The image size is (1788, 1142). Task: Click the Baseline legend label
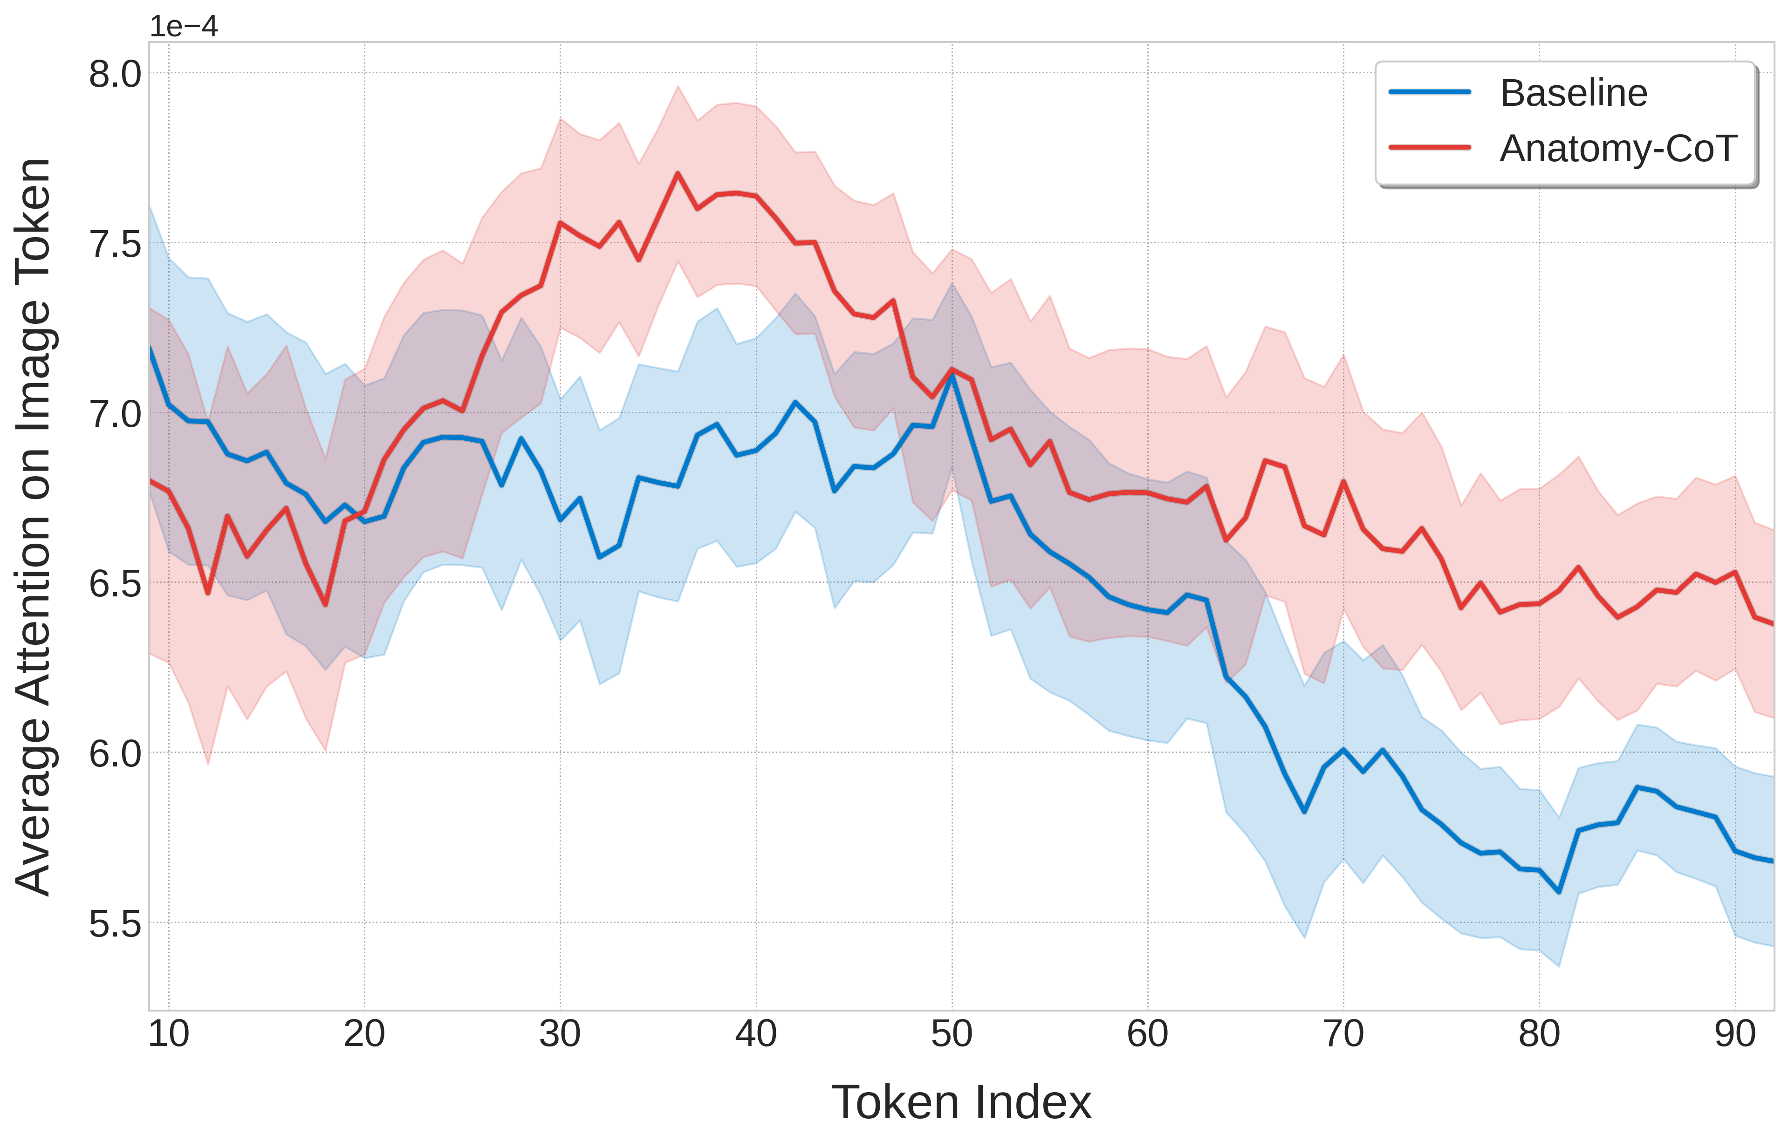point(1573,94)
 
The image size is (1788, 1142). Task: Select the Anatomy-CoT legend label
point(1618,149)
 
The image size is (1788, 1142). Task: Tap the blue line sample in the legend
point(1429,93)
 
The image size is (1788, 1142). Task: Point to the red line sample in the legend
point(1429,147)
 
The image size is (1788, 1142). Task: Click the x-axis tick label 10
point(169,1033)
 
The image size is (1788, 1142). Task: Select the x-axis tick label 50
point(952,1033)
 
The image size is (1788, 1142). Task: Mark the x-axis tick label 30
point(560,1033)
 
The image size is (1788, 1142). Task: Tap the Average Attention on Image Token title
point(34,527)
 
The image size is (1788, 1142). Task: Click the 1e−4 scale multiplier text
point(184,27)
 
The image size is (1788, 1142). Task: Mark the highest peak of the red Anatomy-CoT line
point(677,174)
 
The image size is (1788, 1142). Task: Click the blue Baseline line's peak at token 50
point(952,374)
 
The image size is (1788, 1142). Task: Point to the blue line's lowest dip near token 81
point(1559,892)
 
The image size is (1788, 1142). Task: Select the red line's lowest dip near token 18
point(325,604)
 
